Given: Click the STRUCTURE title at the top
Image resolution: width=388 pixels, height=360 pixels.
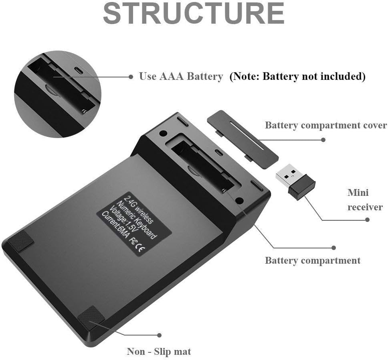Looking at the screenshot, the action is (194, 14).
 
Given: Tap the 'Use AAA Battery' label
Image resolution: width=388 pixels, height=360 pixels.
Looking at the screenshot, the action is (181, 76).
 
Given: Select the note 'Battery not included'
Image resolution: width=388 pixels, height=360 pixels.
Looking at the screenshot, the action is (297, 76).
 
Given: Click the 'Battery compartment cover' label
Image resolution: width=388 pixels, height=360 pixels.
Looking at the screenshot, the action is (325, 125).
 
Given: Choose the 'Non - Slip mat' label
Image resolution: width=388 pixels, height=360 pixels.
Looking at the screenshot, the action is (159, 352).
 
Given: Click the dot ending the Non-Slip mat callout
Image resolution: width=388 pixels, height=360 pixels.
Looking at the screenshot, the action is (159, 335).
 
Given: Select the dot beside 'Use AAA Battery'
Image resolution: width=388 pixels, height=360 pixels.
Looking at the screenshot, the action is (131, 76).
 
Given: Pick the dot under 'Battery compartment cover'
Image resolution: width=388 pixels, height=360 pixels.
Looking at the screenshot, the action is (324, 140).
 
